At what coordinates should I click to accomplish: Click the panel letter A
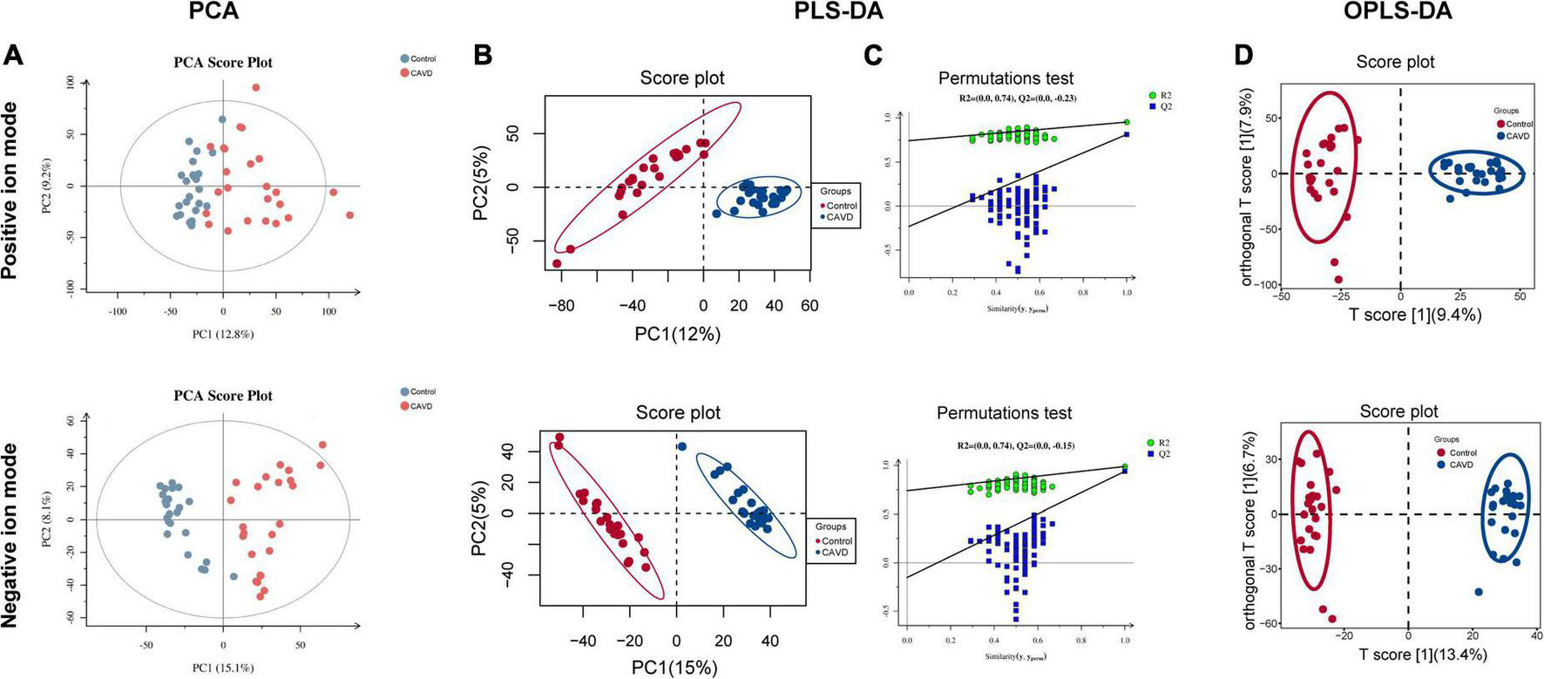coord(13,55)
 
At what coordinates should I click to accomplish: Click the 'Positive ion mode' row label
coord(11,191)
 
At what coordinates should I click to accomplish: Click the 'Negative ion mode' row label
coord(11,535)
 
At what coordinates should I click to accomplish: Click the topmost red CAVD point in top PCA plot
coord(256,87)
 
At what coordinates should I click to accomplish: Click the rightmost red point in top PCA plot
coord(350,214)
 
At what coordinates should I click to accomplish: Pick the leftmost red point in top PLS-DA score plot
coord(557,263)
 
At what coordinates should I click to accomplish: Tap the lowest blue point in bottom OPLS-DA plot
coord(1479,593)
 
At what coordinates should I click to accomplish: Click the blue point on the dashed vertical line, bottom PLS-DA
coord(682,446)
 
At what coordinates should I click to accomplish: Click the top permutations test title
coord(1006,78)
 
